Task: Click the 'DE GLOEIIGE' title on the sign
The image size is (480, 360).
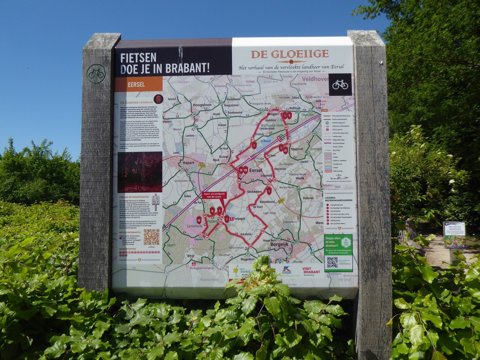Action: pyautogui.click(x=290, y=54)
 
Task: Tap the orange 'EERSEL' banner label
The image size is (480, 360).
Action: pyautogui.click(x=136, y=84)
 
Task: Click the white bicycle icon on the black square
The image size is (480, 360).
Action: pyautogui.click(x=340, y=84)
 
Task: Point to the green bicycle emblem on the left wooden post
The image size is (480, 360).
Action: pyautogui.click(x=96, y=74)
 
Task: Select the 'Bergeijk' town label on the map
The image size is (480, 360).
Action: pyautogui.click(x=279, y=244)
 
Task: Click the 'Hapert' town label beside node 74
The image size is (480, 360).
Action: pyautogui.click(x=188, y=163)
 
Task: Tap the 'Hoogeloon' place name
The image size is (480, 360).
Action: pyautogui.click(x=202, y=105)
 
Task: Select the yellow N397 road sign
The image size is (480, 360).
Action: pyautogui.click(x=281, y=201)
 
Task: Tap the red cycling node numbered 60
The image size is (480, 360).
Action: pyautogui.click(x=286, y=127)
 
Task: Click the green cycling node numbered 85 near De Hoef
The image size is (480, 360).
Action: pyautogui.click(x=226, y=143)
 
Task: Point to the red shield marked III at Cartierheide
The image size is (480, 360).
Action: pyautogui.click(x=199, y=220)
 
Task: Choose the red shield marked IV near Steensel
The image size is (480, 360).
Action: pyautogui.click(x=285, y=150)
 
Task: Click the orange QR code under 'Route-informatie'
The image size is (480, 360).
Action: pyautogui.click(x=151, y=237)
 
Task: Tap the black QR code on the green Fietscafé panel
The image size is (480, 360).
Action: pyautogui.click(x=332, y=262)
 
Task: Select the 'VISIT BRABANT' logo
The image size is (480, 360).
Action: pyautogui.click(x=311, y=270)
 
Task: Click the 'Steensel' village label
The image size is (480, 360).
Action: pyautogui.click(x=297, y=149)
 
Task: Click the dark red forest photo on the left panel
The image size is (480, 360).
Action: pyautogui.click(x=140, y=172)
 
